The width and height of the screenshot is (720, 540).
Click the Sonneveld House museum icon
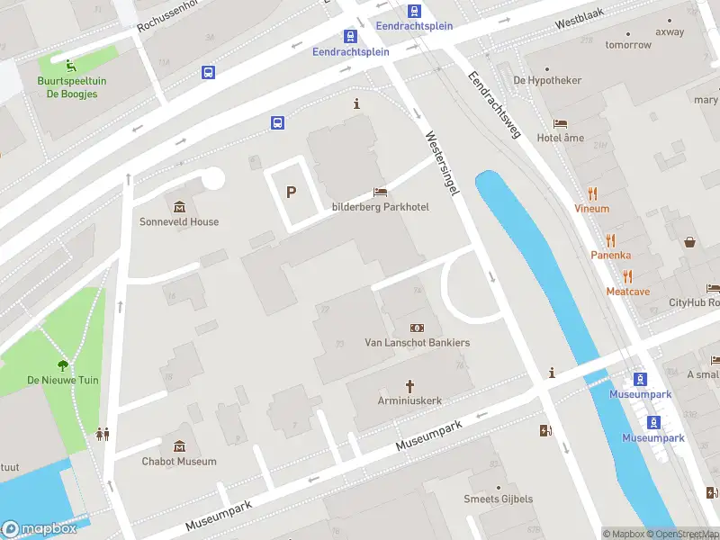178,207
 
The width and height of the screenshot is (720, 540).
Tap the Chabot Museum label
178,462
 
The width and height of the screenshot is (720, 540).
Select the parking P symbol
291,192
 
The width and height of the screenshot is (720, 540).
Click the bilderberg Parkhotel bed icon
380,193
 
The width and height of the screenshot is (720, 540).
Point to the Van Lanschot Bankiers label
417,343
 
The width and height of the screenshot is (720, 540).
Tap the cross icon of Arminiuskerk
409,386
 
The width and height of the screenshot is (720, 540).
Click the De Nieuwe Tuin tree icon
63,365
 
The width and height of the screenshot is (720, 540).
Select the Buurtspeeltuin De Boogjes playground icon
69,63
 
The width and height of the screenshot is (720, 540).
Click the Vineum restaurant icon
592,193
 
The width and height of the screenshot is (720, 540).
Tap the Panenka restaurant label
610,255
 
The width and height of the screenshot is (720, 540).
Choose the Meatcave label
627,291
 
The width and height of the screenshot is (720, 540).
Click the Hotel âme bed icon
560,123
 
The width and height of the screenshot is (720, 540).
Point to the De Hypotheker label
547,80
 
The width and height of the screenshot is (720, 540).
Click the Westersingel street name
442,163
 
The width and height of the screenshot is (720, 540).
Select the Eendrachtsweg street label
494,104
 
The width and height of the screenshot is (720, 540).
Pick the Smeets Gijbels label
498,499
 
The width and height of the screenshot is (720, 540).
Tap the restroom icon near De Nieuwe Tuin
103,434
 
